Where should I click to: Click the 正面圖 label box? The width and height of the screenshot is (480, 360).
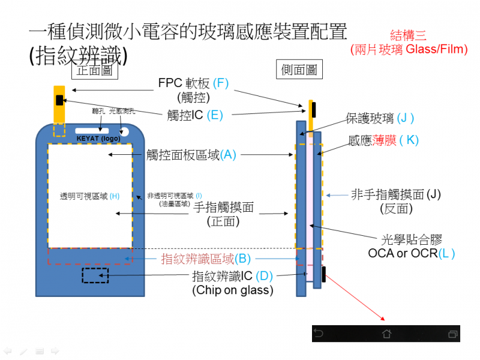tap(94, 70)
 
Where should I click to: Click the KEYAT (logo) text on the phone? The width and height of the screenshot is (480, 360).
tap(99, 139)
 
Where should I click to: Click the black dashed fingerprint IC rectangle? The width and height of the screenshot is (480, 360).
tap(95, 275)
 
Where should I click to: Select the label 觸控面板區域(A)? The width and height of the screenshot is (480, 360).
tap(191, 155)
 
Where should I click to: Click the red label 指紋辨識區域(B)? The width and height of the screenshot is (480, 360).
tap(206, 259)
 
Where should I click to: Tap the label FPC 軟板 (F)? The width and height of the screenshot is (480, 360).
tap(193, 83)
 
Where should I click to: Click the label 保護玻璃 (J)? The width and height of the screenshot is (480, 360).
tap(380, 118)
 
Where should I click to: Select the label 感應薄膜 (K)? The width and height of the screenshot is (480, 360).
tap(383, 140)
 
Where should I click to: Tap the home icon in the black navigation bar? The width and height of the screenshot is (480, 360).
tap(386, 333)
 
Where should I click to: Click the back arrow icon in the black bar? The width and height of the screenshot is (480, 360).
tap(319, 333)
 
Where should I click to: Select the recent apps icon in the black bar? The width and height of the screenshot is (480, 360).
tap(453, 333)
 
